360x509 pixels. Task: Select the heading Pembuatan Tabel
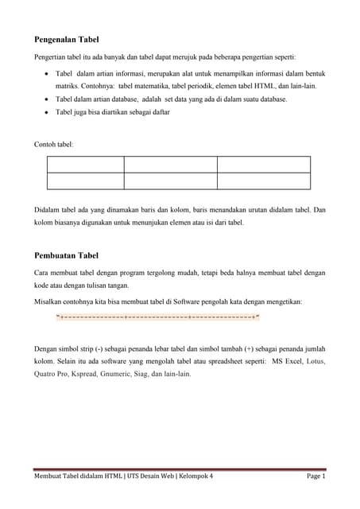coord(66,255)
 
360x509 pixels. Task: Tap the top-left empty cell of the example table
coord(86,164)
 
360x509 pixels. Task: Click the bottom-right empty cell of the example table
coord(263,181)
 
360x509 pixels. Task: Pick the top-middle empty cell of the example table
coord(170,164)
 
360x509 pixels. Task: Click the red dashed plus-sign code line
coord(158,318)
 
